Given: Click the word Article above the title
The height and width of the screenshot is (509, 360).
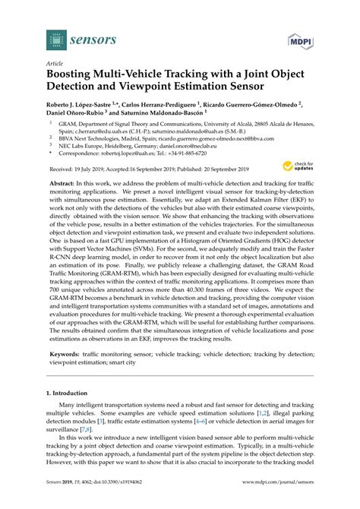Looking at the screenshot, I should (x=56, y=64).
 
